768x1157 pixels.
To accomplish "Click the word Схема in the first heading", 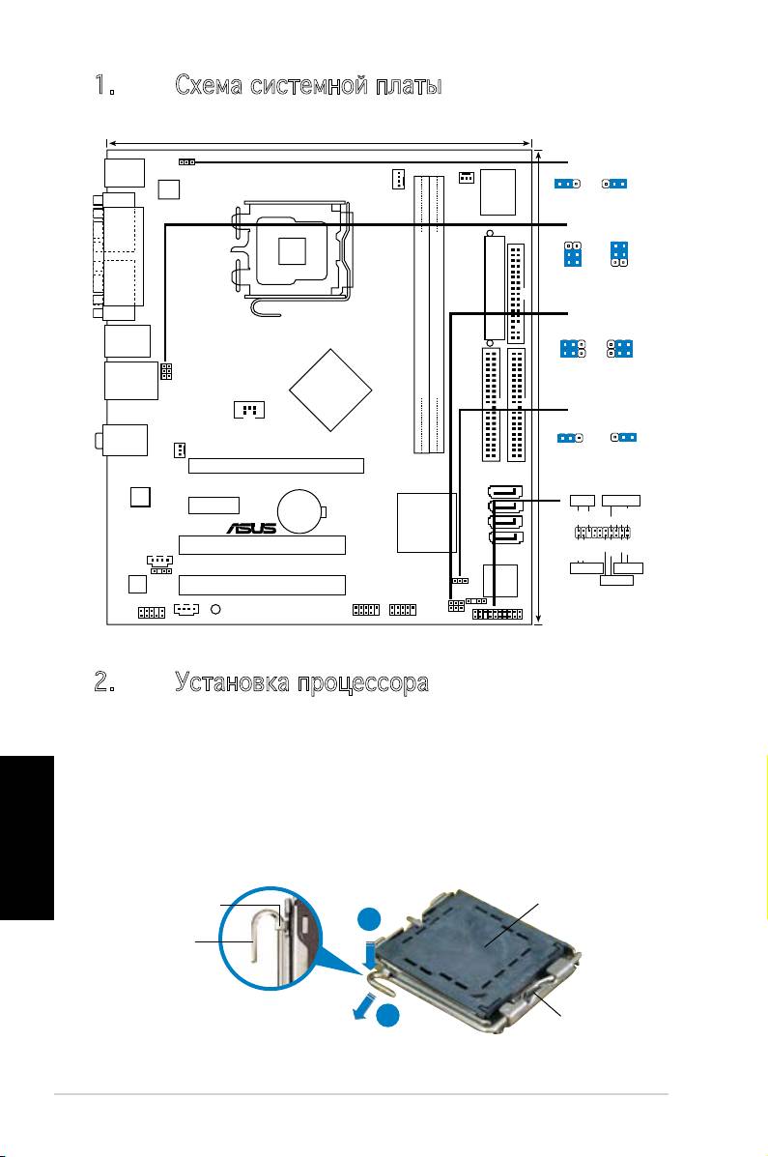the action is tap(209, 86).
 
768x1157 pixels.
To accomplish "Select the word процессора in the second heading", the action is tap(363, 683).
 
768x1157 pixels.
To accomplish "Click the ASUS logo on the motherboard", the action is tap(251, 528).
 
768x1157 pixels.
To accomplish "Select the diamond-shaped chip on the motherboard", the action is tap(329, 390).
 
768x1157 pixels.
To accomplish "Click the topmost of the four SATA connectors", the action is tap(504, 491).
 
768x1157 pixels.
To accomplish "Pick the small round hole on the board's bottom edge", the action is tap(216, 610).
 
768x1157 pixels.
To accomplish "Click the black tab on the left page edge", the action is tap(27, 837).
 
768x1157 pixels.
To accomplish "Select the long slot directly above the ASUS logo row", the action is tap(276, 466).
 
